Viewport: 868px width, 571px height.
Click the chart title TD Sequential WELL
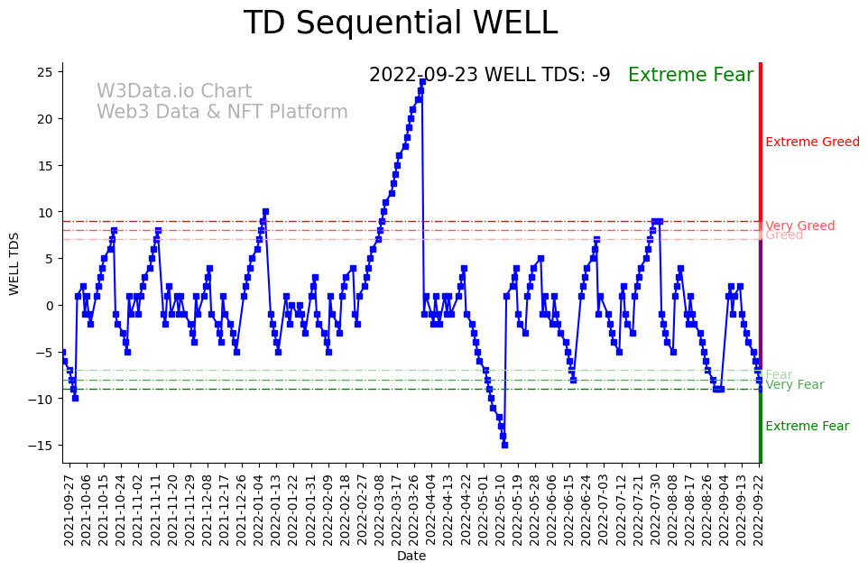(400, 23)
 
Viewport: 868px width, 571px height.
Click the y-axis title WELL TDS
(14, 262)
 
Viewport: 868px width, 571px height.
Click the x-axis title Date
(411, 557)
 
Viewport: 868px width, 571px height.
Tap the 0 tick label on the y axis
(51, 306)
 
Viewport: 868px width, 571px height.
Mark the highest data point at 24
(422, 81)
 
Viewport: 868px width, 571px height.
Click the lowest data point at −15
(504, 445)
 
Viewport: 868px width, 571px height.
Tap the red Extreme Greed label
(812, 142)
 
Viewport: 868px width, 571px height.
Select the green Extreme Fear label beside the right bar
(807, 427)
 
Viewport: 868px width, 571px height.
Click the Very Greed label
(799, 226)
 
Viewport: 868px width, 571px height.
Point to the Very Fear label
(794, 385)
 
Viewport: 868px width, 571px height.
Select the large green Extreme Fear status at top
(690, 75)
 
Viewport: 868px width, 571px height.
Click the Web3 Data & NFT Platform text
(222, 112)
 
